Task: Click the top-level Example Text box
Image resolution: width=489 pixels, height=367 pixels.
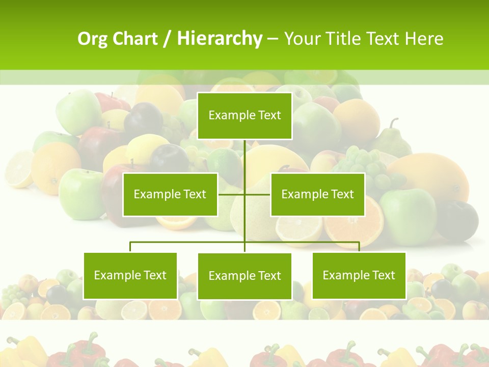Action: coord(245,116)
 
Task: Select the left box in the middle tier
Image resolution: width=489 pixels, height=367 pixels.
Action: coord(170,194)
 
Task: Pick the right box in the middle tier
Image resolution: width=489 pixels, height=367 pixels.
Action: coord(317,194)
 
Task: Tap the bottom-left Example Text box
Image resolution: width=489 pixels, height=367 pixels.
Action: coord(130,276)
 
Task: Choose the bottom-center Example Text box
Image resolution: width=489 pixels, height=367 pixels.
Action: coord(245,276)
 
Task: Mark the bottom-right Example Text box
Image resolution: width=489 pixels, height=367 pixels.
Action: coord(359,276)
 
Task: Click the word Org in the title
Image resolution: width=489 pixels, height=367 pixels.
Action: coord(93,39)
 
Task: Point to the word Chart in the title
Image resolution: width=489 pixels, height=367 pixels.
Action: coord(135,39)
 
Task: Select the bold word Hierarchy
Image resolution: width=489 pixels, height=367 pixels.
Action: coord(219,39)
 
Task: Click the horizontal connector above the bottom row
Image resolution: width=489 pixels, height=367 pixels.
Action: coord(188,242)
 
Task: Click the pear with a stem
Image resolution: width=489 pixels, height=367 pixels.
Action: coord(395,140)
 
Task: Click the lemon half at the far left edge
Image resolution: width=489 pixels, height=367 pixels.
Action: coord(18,168)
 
